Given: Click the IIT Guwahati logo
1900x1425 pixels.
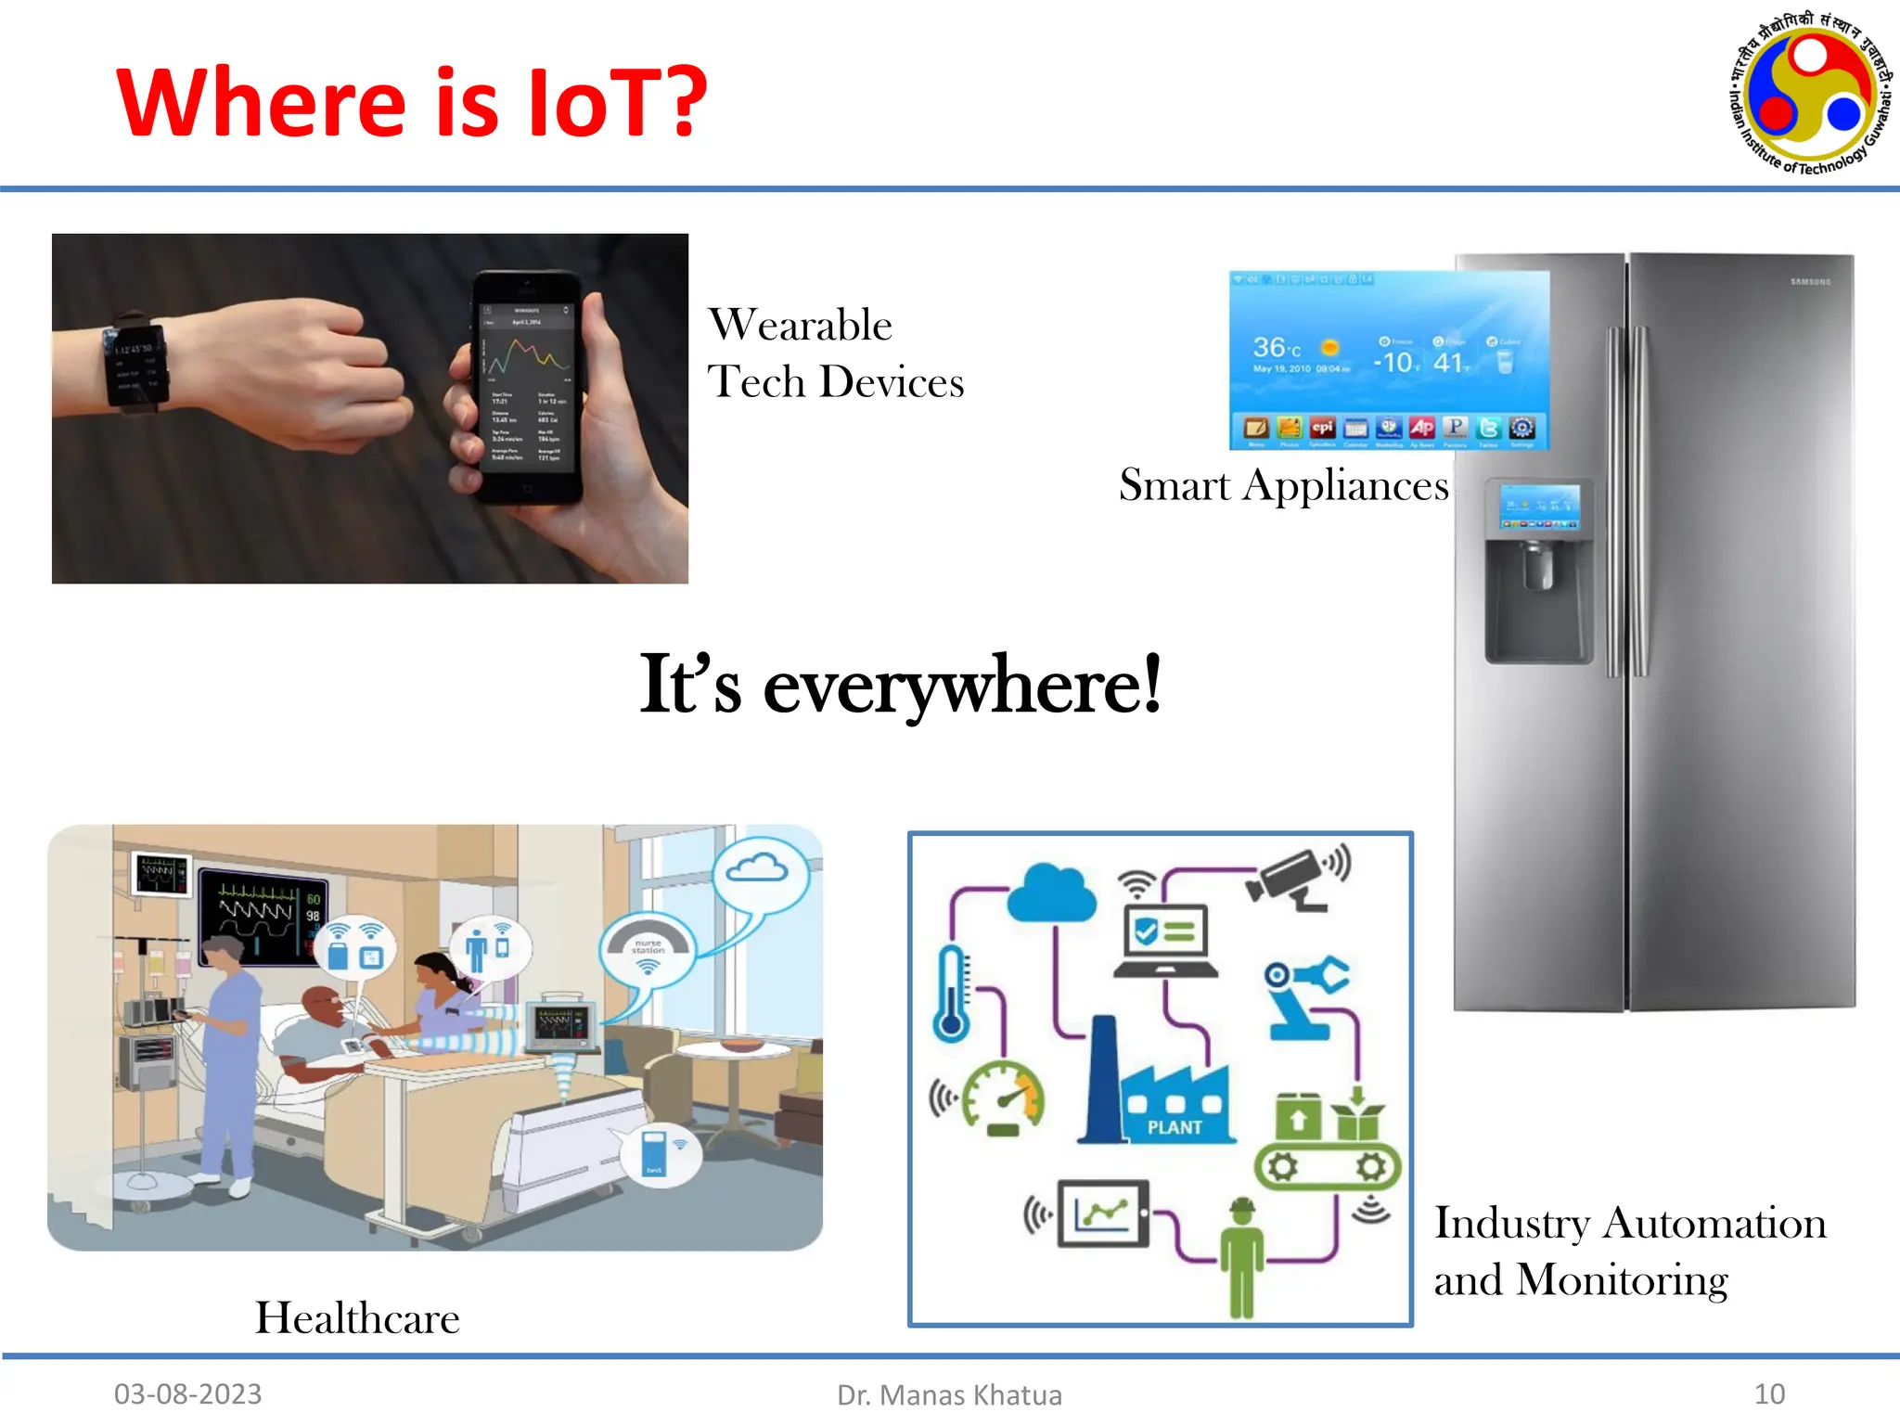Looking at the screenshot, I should click(1810, 94).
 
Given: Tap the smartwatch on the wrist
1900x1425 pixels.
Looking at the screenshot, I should click(137, 365).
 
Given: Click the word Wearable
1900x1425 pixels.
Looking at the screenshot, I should click(800, 326).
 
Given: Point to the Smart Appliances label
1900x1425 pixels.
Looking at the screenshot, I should click(1283, 485).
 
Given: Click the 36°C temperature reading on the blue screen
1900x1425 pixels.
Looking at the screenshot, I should click(1277, 349).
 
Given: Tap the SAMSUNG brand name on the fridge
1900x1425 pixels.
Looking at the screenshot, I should click(1810, 281).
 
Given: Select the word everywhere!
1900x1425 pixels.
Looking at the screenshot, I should click(962, 687).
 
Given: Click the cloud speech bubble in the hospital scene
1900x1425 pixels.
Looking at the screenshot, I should click(758, 870).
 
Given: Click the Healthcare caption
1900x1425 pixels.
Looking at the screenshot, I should click(357, 1318).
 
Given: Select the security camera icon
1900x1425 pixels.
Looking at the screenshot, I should click(1294, 877).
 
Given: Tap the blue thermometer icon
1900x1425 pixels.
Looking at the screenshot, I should click(951, 993).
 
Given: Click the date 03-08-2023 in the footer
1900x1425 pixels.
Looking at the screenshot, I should click(187, 1393).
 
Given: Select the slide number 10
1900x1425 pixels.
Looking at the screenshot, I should click(1769, 1393).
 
